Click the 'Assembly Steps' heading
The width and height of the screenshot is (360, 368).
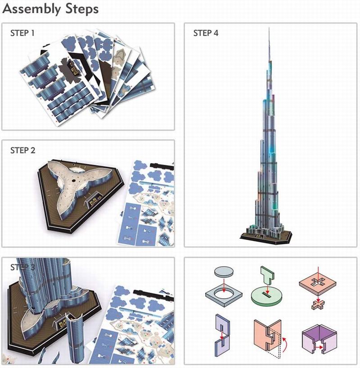click(x=50, y=9)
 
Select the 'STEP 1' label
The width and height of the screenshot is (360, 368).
click(x=22, y=33)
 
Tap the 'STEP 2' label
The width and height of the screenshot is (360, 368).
click(x=22, y=150)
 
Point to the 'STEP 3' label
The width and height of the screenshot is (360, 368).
click(x=22, y=268)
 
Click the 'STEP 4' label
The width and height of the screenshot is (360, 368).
click(x=206, y=33)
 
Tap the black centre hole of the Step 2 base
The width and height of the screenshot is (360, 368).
click(x=72, y=180)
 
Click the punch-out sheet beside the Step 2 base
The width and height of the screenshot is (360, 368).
click(x=148, y=198)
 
